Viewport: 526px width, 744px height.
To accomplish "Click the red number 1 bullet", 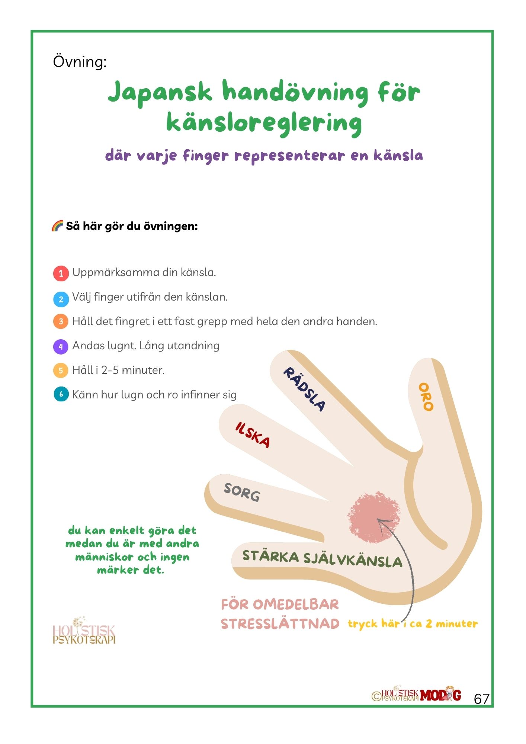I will pyautogui.click(x=61, y=273).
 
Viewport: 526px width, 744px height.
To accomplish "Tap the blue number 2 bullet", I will pyautogui.click(x=61, y=299).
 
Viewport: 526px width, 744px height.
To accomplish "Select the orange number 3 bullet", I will pyautogui.click(x=61, y=321).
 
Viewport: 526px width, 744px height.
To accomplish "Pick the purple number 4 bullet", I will pyautogui.click(x=61, y=346).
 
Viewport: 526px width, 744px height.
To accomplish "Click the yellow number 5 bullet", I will pyautogui.click(x=61, y=371).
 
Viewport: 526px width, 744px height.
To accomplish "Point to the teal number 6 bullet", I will pyautogui.click(x=61, y=394).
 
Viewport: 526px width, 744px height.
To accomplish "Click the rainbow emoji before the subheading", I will pyautogui.click(x=57, y=226).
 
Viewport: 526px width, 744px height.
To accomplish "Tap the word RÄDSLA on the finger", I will pyautogui.click(x=304, y=389).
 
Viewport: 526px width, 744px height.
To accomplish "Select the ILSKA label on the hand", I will pyautogui.click(x=253, y=435).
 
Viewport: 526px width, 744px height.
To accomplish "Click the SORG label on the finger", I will pyautogui.click(x=242, y=493).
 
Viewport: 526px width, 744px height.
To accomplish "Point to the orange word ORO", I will pyautogui.click(x=426, y=397).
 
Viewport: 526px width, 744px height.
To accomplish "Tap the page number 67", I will pyautogui.click(x=481, y=699).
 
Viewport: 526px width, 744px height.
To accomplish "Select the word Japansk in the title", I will pyautogui.click(x=160, y=92).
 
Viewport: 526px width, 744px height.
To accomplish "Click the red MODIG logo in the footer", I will pyautogui.click(x=440, y=695).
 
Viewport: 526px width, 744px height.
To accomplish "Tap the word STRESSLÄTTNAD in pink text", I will pyautogui.click(x=280, y=624).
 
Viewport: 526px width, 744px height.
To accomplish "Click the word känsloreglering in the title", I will pyautogui.click(x=264, y=123).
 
